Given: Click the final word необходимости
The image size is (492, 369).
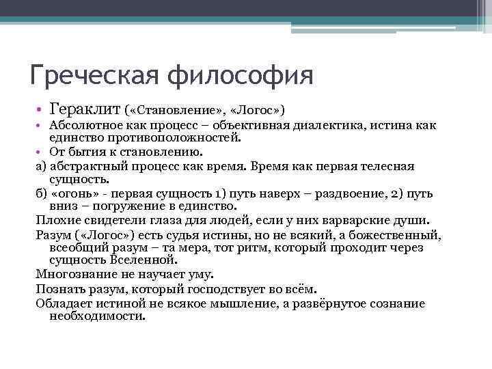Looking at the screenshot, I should tap(98, 316).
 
